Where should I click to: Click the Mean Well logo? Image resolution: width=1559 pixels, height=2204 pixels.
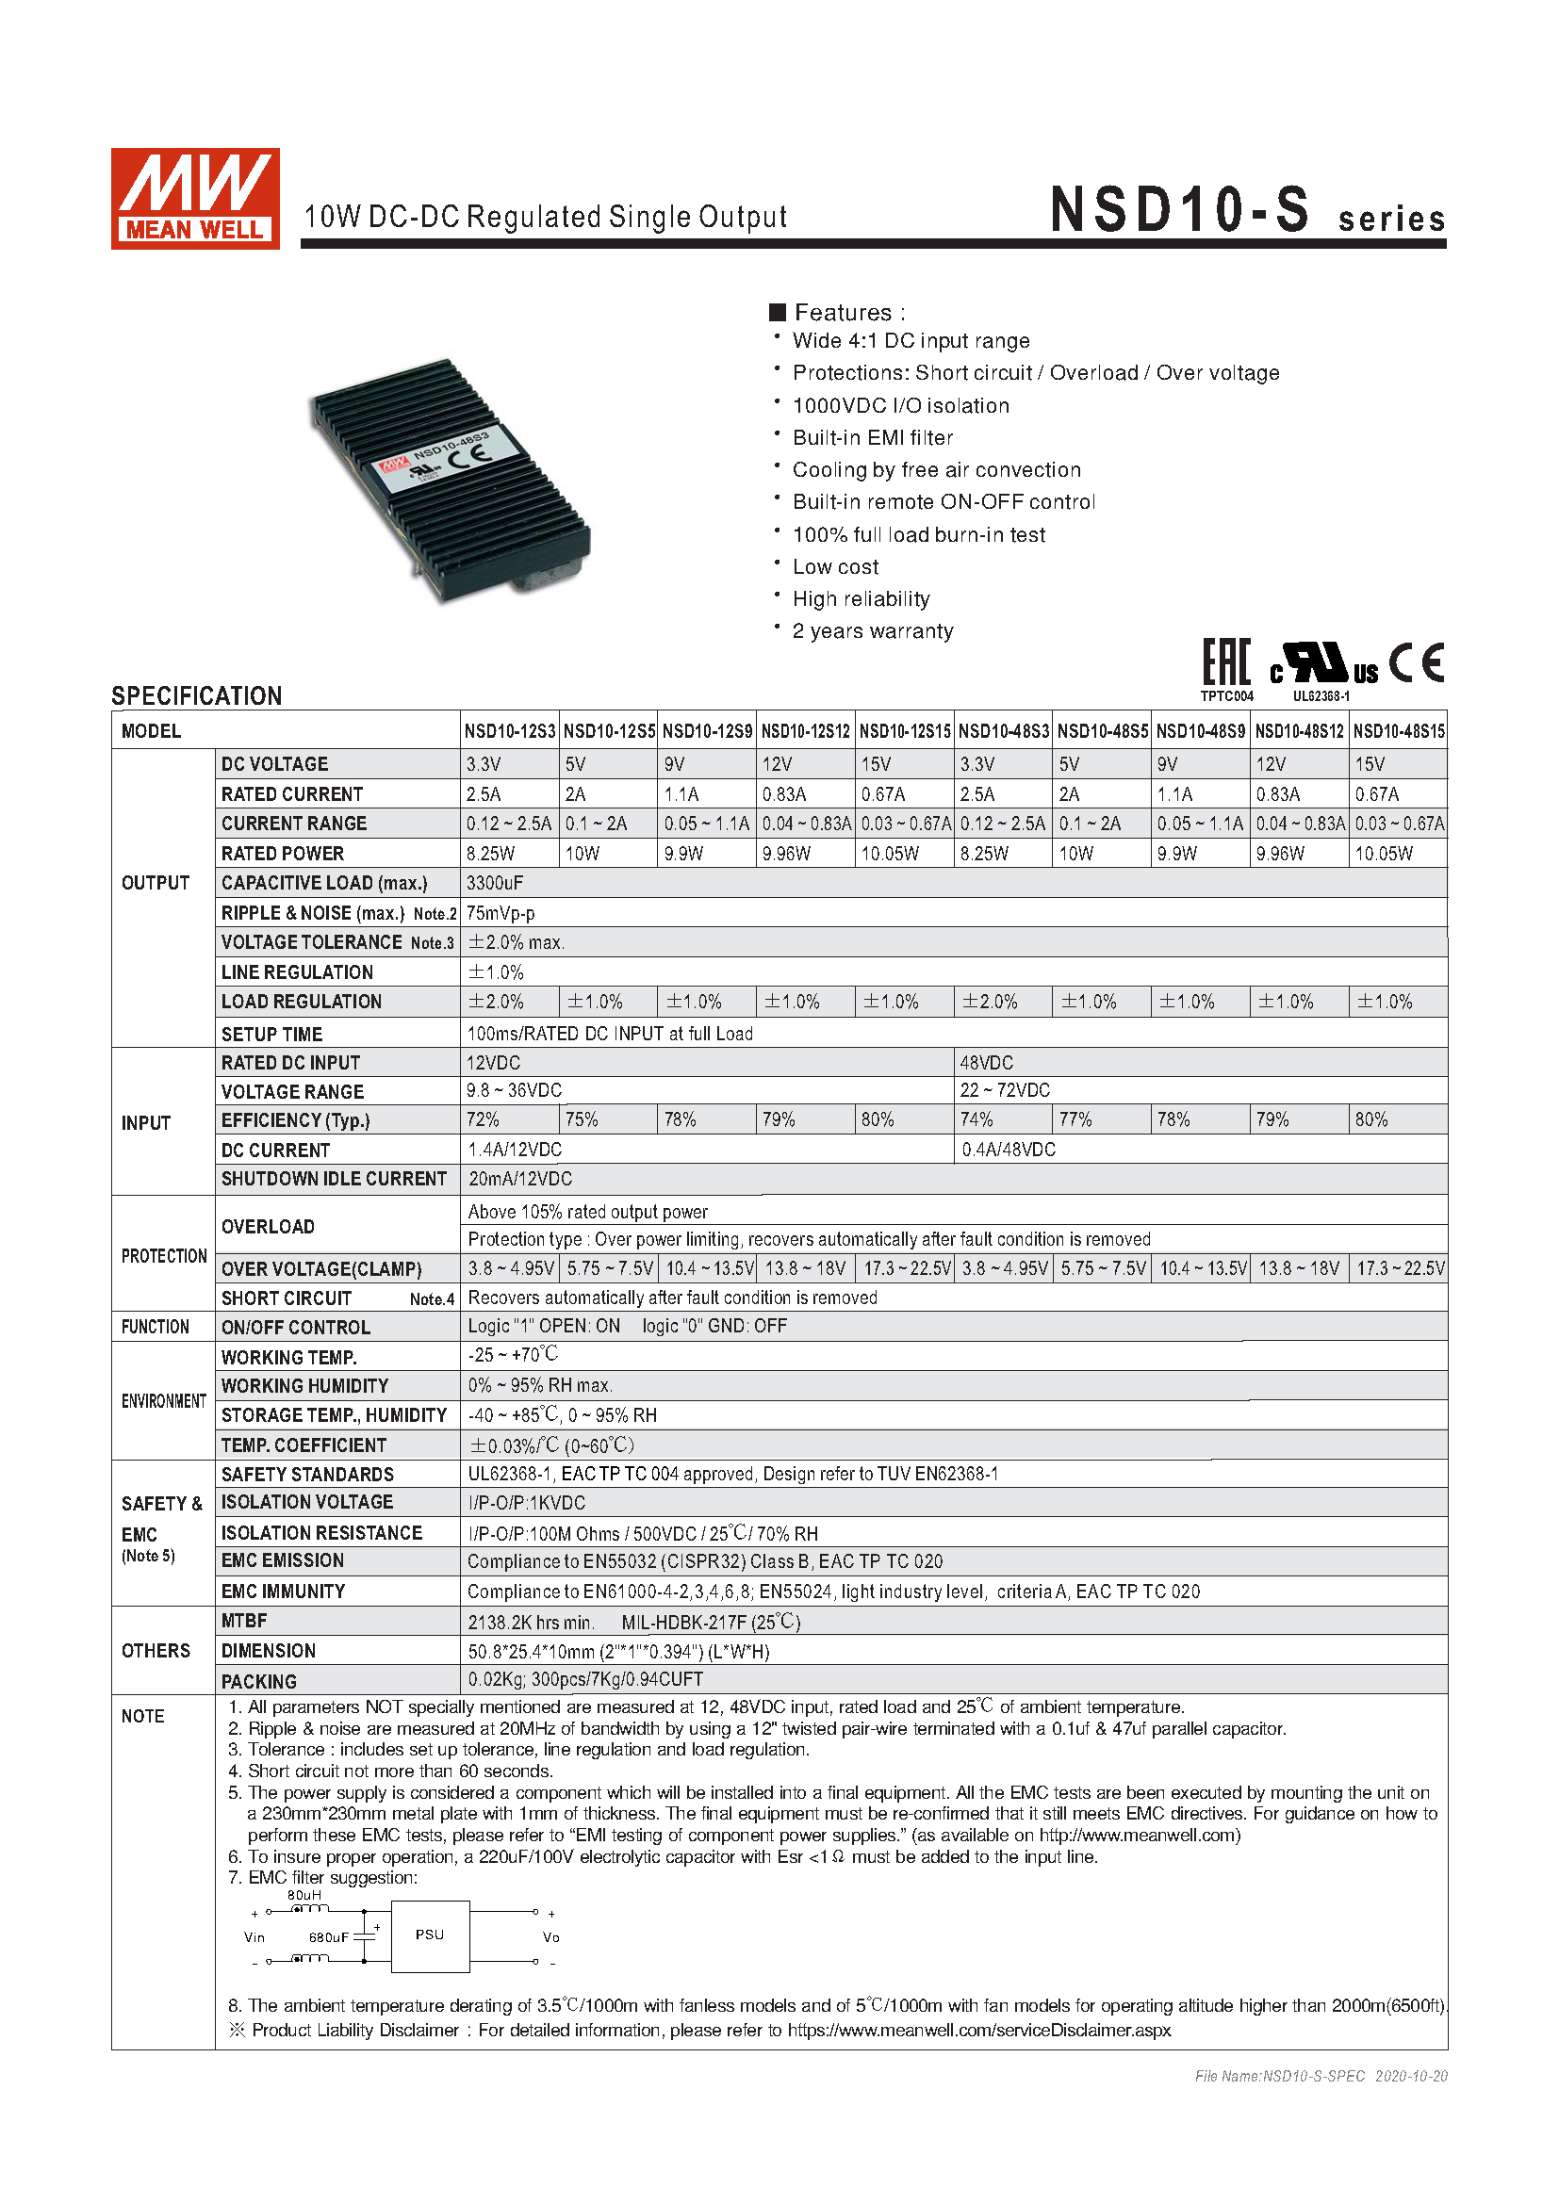pos(195,199)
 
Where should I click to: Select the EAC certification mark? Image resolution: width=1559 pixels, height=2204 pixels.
pos(1227,662)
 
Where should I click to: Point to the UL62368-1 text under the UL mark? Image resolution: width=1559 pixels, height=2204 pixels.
pos(1321,696)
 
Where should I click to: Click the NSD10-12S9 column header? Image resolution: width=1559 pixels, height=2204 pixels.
pos(707,731)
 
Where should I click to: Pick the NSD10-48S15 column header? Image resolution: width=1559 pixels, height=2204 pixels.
pos(1398,731)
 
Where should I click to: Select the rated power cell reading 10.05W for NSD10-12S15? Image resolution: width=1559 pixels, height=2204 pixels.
pos(889,854)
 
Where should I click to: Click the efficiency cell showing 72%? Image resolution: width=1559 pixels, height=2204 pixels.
pos(483,1119)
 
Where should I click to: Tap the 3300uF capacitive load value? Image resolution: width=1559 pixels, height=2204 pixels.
pos(495,883)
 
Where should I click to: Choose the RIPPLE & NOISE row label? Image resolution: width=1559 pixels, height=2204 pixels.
pos(313,913)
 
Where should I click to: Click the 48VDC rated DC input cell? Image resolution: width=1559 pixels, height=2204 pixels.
pos(986,1063)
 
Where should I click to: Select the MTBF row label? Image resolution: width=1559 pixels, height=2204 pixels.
pos(244,1622)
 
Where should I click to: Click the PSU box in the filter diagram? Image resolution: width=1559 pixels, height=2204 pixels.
pos(430,1935)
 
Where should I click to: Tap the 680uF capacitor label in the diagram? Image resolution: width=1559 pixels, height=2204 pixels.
pos(327,1937)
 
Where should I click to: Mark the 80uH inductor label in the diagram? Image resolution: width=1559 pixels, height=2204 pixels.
pos(304,1895)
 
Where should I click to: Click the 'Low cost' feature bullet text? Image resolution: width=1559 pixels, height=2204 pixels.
pos(835,567)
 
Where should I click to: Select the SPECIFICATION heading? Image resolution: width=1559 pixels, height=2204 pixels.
pos(197,696)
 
